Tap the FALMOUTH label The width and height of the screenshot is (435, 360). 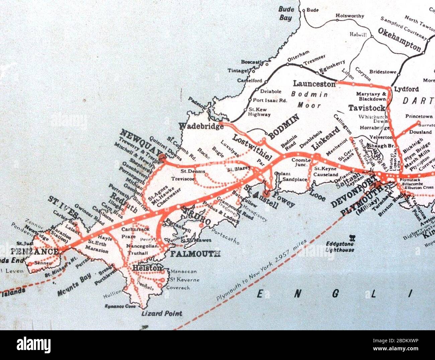tap(195, 254)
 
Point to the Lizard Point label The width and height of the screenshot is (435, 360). tap(162, 314)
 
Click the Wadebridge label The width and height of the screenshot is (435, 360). tap(201, 126)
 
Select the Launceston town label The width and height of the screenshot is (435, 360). tap(314, 84)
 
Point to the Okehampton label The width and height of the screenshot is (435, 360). tap(399, 39)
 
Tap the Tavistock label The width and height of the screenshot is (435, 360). tap(367, 108)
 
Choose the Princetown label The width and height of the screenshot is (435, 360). tap(419, 117)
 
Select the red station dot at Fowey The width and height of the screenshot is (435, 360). tap(266, 193)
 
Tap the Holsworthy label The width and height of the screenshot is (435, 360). tap(350, 16)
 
